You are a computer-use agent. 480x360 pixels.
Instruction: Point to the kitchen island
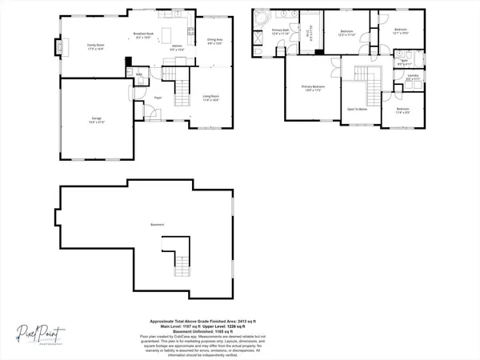(170, 36)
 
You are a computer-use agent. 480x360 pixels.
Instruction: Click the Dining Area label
(214, 41)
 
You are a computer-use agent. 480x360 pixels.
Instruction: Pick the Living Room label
(211, 98)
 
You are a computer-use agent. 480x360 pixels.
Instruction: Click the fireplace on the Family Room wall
(57, 46)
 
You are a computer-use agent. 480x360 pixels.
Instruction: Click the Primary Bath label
(281, 32)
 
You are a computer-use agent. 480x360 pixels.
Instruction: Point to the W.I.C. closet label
(311, 34)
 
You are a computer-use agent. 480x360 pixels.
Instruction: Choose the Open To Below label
(357, 109)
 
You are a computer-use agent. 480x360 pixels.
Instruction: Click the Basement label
(156, 225)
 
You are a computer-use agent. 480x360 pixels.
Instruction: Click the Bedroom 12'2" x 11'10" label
(346, 33)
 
